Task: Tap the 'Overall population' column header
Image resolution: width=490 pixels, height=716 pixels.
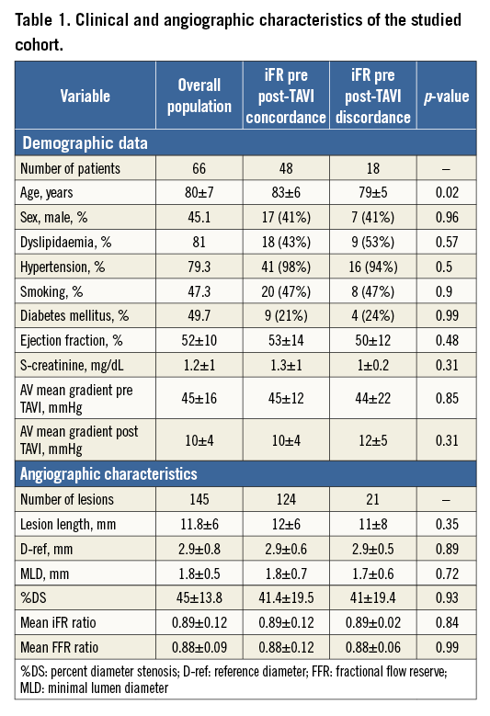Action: pos(205,95)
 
